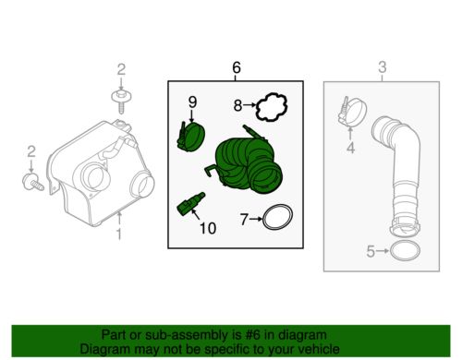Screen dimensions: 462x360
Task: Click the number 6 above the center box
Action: [x=237, y=67]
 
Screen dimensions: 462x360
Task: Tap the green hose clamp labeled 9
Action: [x=191, y=137]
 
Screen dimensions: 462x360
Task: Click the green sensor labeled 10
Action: [x=191, y=203]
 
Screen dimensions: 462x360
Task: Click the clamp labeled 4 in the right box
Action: [x=352, y=112]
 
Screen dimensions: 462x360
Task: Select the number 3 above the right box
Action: [x=382, y=67]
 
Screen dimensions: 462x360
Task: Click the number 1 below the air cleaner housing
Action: [x=119, y=234]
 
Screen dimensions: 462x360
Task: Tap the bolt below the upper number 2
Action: [x=121, y=101]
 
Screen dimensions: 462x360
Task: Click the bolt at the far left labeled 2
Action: [x=32, y=182]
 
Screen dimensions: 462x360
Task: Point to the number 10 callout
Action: [x=208, y=228]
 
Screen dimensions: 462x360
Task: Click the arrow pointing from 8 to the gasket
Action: [x=249, y=105]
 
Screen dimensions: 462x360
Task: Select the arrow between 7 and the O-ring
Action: [x=256, y=219]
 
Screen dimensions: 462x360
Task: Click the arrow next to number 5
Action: [x=383, y=251]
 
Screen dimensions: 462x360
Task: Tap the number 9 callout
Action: [x=192, y=102]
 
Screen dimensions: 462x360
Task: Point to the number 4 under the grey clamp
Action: [x=350, y=149]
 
